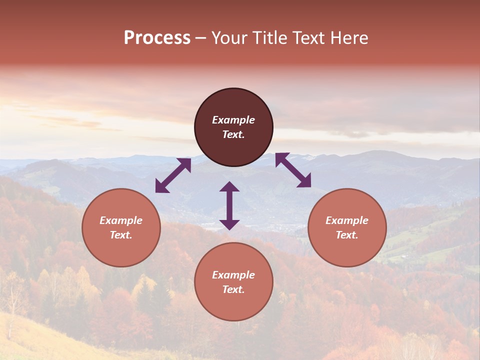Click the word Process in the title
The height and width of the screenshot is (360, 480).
157,38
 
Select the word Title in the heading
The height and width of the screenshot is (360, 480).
271,38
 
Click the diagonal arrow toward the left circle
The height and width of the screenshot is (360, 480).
173,175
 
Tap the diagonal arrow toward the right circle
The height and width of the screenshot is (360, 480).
293,170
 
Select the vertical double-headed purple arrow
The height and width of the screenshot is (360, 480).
229,205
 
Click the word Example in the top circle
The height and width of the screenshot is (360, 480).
233,120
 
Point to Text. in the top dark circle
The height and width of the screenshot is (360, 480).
233,134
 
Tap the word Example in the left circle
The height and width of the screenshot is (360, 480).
121,220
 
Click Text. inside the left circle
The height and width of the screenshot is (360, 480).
121,235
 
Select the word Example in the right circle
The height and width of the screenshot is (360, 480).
347,220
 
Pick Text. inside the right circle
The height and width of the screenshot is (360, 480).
347,235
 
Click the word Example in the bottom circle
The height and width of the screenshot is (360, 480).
233,275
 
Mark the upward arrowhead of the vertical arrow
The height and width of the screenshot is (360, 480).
229,186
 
